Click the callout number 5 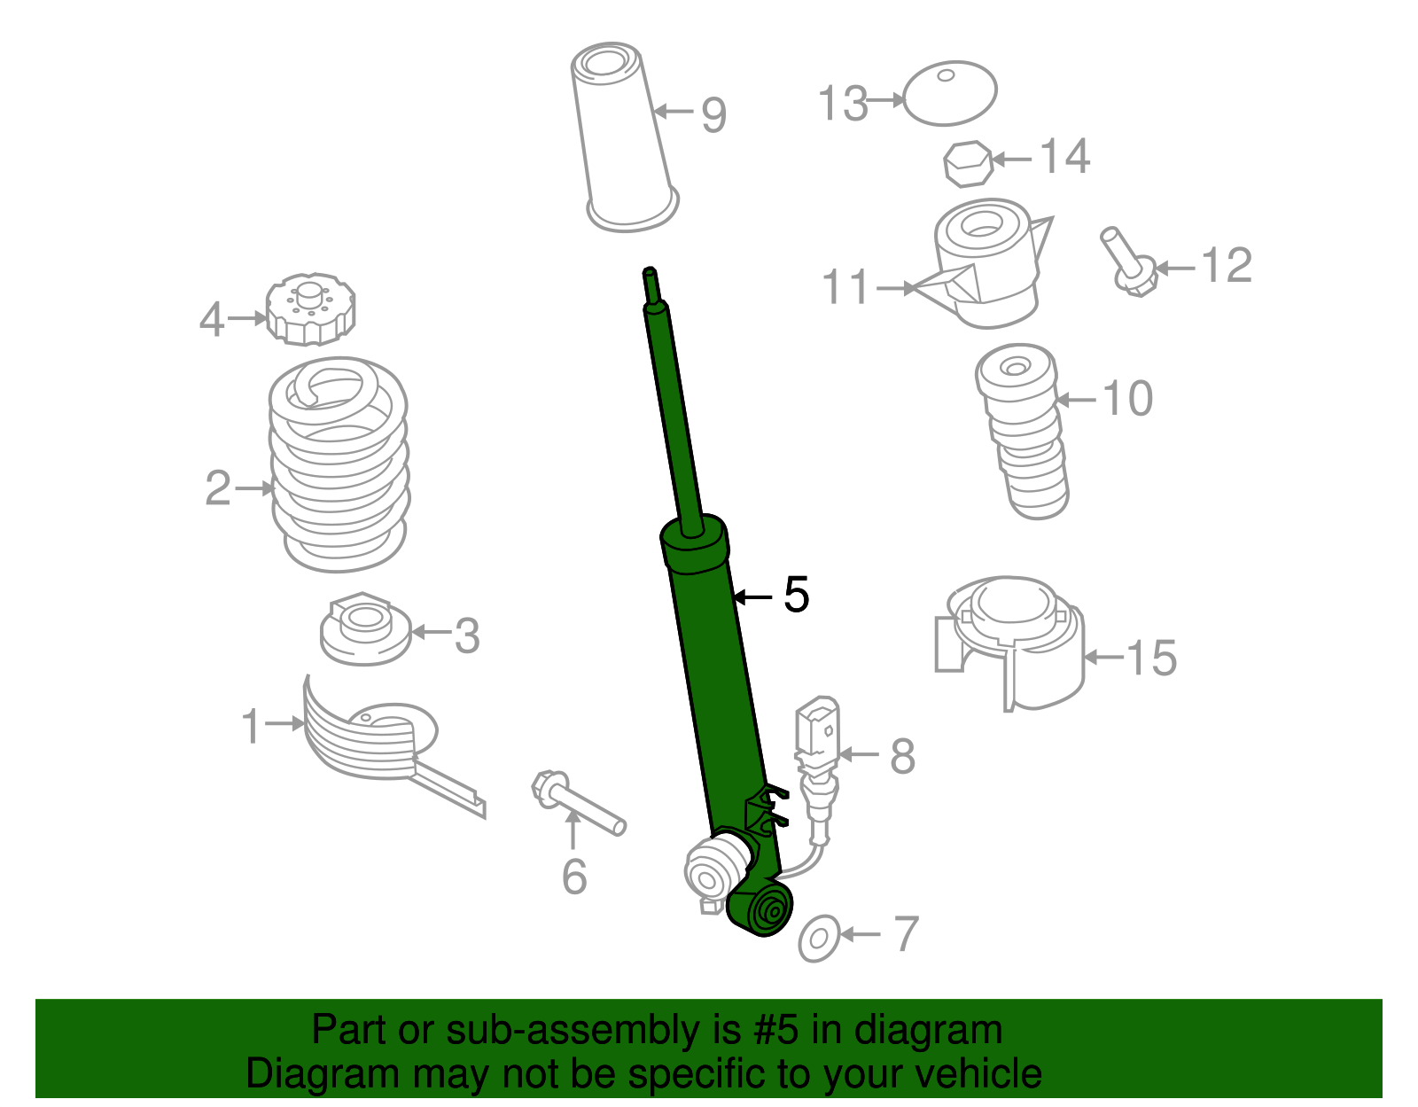(797, 595)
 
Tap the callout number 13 (843, 104)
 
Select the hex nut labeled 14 (966, 164)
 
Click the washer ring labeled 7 (819, 939)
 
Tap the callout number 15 (1151, 659)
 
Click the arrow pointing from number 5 (752, 598)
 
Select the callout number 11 (846, 288)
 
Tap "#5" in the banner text (777, 1031)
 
